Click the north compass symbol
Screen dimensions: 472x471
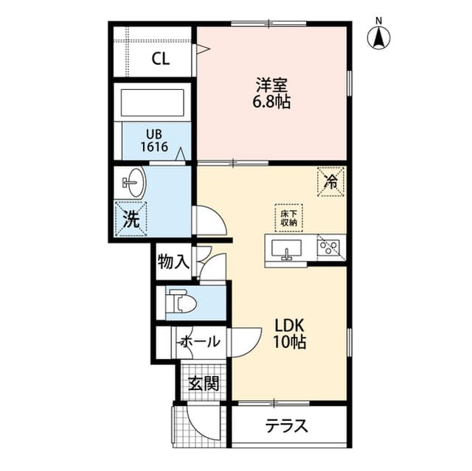(378, 36)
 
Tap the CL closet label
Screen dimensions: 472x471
(161, 59)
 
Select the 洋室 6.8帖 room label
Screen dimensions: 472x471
(271, 93)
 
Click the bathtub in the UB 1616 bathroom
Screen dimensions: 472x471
(153, 102)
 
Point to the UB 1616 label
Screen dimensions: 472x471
(154, 141)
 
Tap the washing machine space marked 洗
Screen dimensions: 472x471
(131, 219)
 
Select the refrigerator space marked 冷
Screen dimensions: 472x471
(330, 182)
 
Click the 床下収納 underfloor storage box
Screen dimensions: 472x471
(288, 217)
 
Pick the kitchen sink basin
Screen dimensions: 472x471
(286, 248)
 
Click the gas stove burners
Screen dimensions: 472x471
(328, 248)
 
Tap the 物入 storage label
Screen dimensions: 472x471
(174, 262)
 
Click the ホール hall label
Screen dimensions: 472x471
(201, 342)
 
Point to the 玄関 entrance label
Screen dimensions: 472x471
(204, 383)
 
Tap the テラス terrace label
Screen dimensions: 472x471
(286, 425)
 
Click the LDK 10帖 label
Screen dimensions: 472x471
(289, 334)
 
